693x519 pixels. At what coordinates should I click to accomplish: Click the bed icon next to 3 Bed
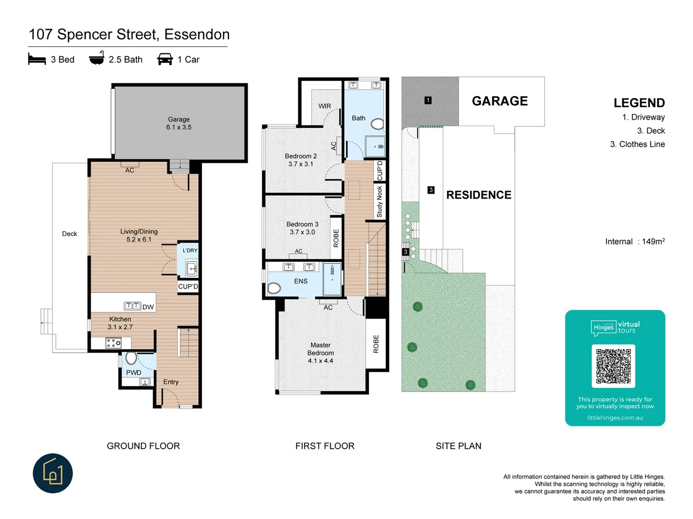[37, 59]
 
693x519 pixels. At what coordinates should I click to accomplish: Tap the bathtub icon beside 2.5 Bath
[96, 58]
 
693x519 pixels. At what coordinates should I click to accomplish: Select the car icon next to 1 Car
[165, 59]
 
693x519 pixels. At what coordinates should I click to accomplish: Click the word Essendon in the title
[197, 35]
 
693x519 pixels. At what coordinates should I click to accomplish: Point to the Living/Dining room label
[139, 232]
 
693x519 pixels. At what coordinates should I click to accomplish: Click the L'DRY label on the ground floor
[190, 250]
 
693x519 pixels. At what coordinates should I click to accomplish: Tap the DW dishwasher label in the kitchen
[148, 307]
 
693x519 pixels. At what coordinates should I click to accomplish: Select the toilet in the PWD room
[130, 358]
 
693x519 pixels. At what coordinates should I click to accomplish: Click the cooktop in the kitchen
[113, 343]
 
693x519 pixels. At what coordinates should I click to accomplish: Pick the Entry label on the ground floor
[171, 382]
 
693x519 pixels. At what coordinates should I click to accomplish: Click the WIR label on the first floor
[324, 106]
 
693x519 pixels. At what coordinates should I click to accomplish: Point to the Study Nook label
[379, 202]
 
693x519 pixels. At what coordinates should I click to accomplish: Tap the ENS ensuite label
[301, 282]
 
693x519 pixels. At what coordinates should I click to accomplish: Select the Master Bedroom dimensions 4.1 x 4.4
[321, 361]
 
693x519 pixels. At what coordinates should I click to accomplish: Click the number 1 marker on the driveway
[428, 100]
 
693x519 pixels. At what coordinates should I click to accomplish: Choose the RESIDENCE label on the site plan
[479, 195]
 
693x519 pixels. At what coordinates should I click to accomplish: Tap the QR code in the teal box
[614, 366]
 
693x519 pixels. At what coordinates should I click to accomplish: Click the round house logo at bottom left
[53, 473]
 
